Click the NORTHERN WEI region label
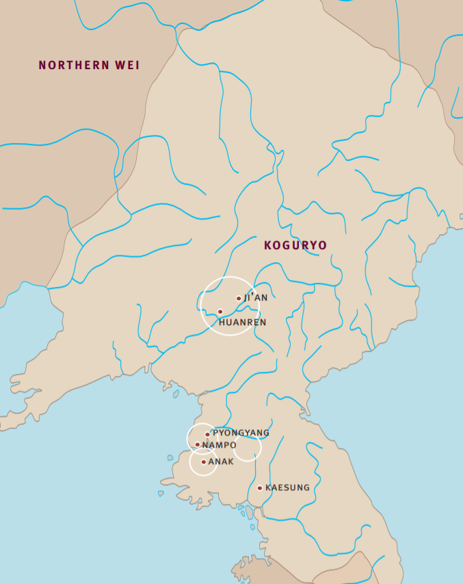(x=89, y=66)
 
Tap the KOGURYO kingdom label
(x=295, y=245)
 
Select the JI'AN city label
(x=256, y=298)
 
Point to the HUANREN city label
(x=242, y=322)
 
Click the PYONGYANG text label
(x=241, y=433)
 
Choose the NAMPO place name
(x=220, y=445)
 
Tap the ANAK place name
(x=221, y=461)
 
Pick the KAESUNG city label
(x=287, y=487)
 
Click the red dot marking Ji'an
(x=239, y=299)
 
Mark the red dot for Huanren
(x=220, y=312)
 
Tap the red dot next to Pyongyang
(x=207, y=434)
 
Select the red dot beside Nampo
(x=198, y=444)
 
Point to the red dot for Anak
(x=204, y=461)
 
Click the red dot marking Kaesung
(x=260, y=488)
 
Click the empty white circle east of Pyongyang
(x=248, y=448)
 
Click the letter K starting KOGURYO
(x=268, y=245)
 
